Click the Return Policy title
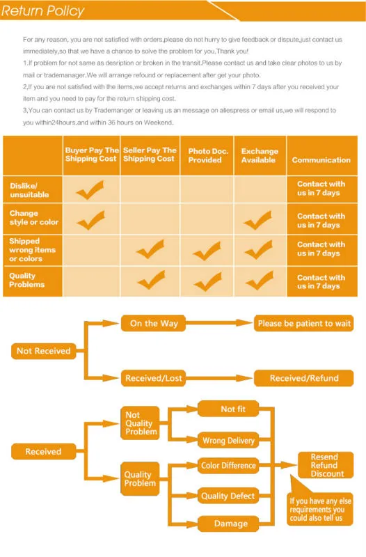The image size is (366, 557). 42,11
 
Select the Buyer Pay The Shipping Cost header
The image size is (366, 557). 92,155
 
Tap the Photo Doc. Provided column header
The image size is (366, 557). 207,155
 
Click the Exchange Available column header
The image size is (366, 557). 260,155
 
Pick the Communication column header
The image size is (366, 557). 321,160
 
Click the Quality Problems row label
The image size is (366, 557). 27,280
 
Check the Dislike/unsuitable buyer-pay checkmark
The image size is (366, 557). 90,191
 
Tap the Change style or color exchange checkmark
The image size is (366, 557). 257,220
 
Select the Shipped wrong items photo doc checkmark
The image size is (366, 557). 207,251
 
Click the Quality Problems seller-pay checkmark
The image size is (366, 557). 152,280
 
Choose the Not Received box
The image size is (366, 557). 44,351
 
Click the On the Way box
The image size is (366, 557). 153,323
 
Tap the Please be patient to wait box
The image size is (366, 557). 304,323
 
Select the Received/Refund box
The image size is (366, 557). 304,378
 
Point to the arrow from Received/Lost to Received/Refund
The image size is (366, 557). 219,378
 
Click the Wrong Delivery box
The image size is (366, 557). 228,441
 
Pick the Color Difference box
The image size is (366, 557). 228,465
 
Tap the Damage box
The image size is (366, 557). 228,524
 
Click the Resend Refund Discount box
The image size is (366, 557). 326,465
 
